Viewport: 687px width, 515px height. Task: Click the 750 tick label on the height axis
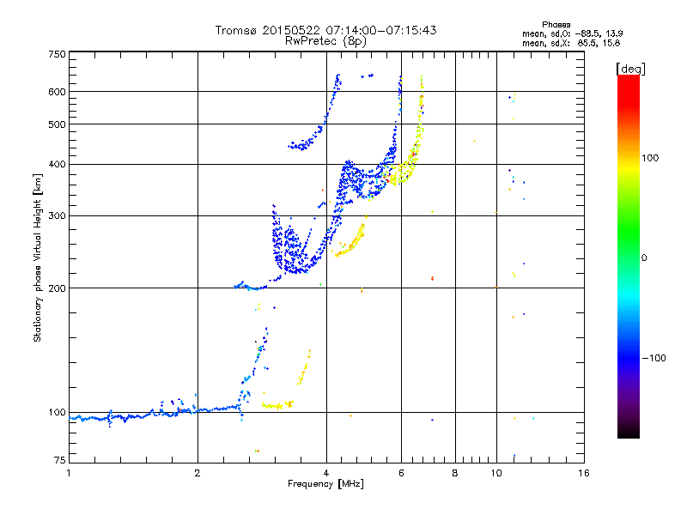(x=57, y=53)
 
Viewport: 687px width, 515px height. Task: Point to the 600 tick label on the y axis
(x=57, y=91)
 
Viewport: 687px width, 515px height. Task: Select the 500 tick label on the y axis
(x=57, y=124)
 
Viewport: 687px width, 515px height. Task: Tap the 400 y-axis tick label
(x=57, y=164)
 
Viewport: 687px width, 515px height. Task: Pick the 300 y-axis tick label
(x=57, y=215)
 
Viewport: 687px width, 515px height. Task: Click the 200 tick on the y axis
(x=57, y=288)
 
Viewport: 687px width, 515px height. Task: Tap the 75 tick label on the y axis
(x=59, y=462)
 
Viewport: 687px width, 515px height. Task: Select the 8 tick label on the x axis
(x=455, y=473)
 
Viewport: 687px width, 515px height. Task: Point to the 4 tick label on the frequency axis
(x=326, y=473)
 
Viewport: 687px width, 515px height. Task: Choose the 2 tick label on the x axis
(x=198, y=473)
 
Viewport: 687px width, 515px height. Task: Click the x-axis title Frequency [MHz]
(x=326, y=484)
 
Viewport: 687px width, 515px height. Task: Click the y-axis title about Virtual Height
(x=38, y=257)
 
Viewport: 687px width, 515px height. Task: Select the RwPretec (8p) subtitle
(x=325, y=40)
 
